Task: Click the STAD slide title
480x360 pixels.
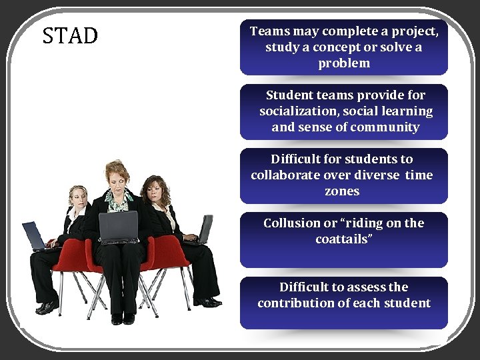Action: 70,35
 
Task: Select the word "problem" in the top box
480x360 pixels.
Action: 343,63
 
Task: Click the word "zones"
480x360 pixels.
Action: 342,191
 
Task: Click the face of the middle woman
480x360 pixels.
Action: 118,180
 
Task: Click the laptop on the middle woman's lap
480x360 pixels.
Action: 118,227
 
